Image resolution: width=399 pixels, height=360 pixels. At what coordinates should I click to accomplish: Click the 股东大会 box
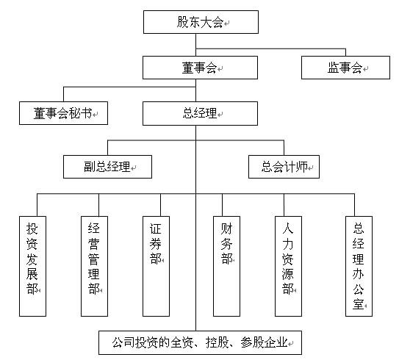click(201, 22)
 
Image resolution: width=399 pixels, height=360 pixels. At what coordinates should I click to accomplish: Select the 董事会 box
click(200, 68)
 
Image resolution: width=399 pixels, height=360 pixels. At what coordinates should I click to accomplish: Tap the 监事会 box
click(345, 68)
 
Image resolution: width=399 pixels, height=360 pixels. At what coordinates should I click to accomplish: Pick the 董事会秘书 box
click(63, 113)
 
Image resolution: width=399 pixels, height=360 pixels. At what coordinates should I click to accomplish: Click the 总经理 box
click(200, 113)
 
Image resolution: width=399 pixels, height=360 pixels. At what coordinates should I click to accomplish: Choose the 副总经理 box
click(107, 167)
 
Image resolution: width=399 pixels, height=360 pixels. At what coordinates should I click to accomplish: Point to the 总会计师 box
click(284, 167)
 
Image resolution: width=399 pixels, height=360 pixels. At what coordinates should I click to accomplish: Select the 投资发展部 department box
click(32, 266)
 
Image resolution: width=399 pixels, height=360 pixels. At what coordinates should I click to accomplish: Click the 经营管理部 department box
click(94, 266)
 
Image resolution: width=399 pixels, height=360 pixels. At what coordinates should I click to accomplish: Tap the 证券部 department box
click(156, 266)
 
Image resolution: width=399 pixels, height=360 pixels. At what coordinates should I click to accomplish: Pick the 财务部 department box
click(226, 266)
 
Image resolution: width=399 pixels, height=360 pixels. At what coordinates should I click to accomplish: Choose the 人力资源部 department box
click(288, 266)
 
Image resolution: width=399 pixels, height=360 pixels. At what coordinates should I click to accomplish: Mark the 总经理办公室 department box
click(359, 266)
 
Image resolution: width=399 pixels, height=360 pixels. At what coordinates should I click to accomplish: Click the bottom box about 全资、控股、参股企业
click(200, 342)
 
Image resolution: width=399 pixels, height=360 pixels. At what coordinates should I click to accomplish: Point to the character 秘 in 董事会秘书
click(75, 113)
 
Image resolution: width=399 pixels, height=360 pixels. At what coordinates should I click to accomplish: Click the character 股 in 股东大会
click(183, 22)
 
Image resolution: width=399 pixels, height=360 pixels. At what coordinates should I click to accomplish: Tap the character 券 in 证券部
click(156, 244)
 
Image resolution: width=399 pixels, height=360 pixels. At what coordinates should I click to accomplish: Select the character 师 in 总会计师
click(302, 167)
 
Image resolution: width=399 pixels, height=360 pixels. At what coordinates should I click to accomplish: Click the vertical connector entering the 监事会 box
click(345, 52)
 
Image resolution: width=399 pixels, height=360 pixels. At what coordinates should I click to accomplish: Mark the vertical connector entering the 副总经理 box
click(107, 148)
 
